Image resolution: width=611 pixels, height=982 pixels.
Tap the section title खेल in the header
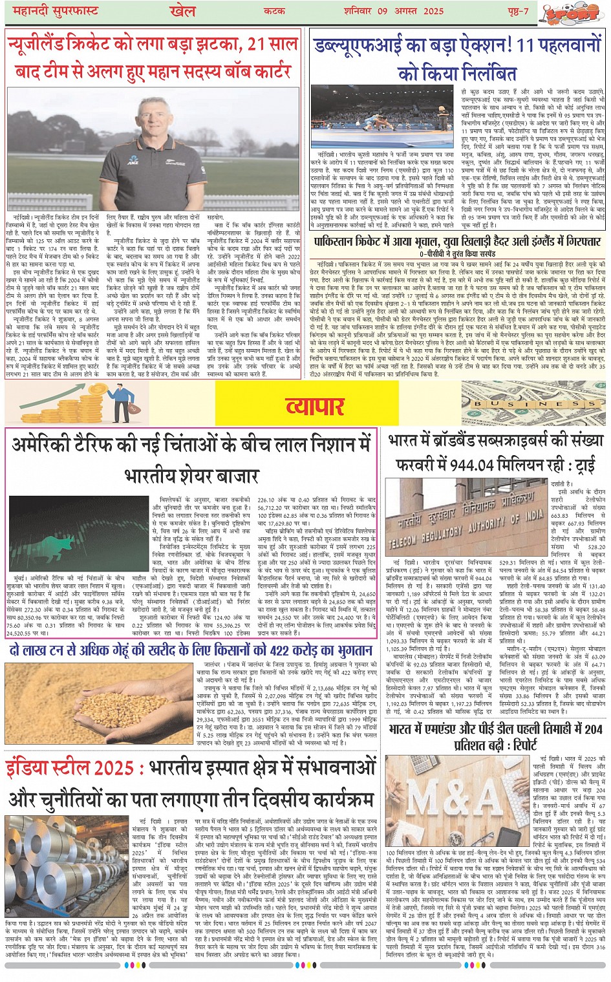point(182,11)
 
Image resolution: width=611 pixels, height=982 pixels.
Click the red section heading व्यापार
point(315,406)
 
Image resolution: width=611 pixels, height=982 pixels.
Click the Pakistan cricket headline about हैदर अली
point(458,242)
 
